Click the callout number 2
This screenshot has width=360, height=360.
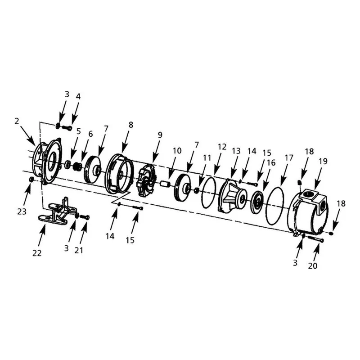[x=17, y=121]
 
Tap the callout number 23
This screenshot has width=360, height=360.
[x=22, y=211]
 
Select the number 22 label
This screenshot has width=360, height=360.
[x=37, y=253]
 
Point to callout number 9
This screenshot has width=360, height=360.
[x=160, y=135]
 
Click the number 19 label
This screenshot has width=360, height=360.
[x=323, y=161]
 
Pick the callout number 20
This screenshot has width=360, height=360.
[x=312, y=265]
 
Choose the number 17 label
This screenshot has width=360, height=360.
[x=289, y=158]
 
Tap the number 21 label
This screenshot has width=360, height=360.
[x=78, y=250]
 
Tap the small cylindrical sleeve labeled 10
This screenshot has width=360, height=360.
[x=165, y=184]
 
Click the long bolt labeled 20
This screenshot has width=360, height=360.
[x=316, y=239]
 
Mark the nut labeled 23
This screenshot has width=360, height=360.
[x=31, y=179]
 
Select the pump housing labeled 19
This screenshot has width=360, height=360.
[x=309, y=211]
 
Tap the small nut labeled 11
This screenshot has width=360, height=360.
[x=196, y=190]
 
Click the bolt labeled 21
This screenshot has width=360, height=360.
[x=85, y=216]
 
